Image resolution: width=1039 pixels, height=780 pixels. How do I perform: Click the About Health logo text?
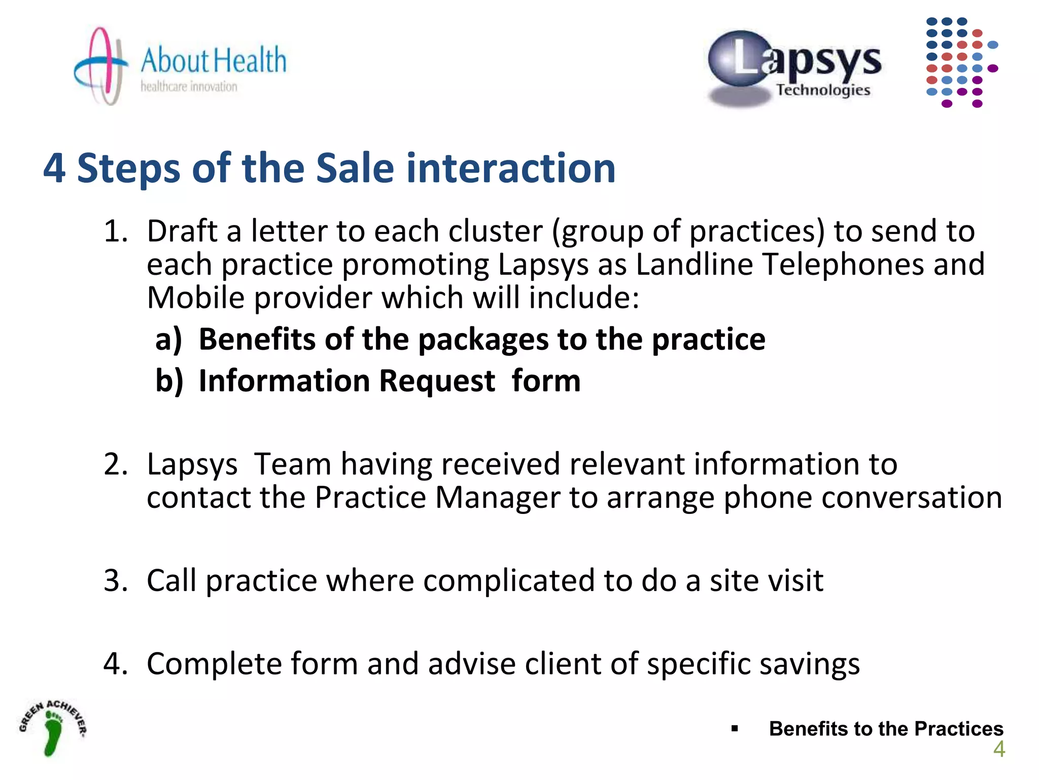213,61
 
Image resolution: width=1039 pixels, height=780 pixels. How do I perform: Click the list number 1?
115,232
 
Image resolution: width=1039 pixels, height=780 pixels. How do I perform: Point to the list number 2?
115,464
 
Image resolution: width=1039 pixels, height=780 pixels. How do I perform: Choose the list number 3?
115,580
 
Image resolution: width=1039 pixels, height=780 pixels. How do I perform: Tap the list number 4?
115,664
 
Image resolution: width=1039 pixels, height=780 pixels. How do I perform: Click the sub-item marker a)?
168,340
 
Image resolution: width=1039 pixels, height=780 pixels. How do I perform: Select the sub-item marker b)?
169,381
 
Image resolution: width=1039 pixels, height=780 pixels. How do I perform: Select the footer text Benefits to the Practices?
886,729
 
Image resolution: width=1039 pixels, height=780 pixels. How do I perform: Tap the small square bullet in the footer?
735,729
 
